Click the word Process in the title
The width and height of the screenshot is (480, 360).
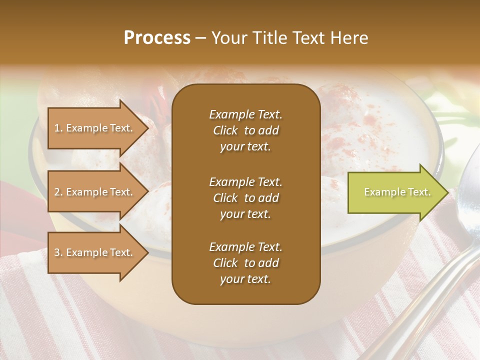157,38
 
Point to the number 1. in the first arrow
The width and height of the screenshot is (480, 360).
58,128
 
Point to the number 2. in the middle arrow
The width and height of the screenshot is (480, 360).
58,192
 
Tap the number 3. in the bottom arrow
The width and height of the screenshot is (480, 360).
58,252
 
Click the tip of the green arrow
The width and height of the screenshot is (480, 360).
446,192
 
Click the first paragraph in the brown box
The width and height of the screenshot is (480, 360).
245,130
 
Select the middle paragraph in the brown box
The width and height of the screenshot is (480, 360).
245,198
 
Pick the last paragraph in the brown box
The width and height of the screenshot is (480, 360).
245,263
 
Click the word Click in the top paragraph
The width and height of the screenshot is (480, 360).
225,130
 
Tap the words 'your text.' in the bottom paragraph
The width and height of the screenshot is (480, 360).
245,279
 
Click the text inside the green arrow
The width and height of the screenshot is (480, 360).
397,192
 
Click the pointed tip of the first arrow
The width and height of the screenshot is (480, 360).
147,128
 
